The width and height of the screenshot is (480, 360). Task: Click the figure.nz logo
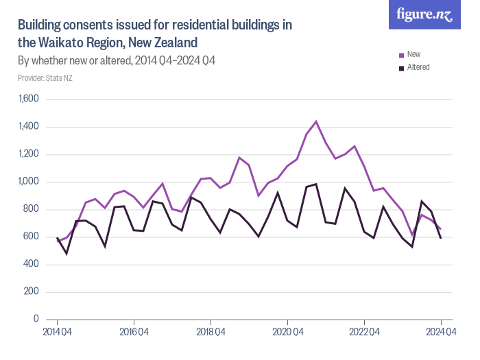(x=424, y=14)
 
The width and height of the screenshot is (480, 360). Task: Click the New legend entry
(x=413, y=54)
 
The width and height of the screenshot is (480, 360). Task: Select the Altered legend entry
(x=418, y=67)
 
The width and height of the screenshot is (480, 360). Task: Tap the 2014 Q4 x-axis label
(x=57, y=333)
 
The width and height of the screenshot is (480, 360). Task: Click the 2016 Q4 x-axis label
(x=134, y=333)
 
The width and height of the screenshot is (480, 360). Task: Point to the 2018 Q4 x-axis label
(x=211, y=333)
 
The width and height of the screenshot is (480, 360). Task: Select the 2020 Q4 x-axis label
(x=287, y=333)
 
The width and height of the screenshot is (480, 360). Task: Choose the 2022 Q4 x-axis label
(x=364, y=333)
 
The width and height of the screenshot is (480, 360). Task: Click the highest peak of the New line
(x=316, y=121)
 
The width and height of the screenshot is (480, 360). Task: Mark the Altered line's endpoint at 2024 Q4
(x=441, y=238)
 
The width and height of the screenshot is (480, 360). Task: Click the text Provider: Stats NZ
(x=45, y=78)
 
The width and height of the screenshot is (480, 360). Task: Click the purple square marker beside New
(x=402, y=55)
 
